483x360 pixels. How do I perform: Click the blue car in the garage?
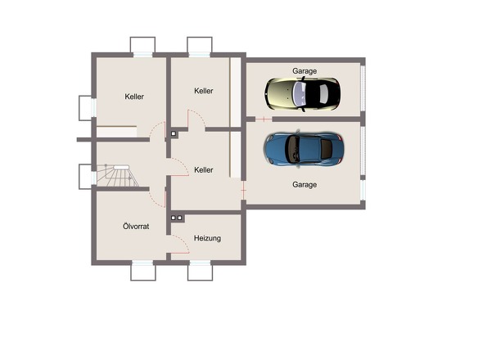pyautogui.click(x=304, y=149)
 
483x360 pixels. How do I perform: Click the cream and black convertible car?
pyautogui.click(x=303, y=93)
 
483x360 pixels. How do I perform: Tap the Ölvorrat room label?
pyautogui.click(x=136, y=227)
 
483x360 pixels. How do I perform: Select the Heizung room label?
pyautogui.click(x=207, y=238)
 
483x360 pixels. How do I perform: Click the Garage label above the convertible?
pyautogui.click(x=305, y=71)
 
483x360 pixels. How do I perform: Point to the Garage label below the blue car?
pyautogui.click(x=305, y=185)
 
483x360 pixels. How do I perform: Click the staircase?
pyautogui.click(x=117, y=176)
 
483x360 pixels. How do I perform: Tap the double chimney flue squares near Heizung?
pyautogui.click(x=177, y=218)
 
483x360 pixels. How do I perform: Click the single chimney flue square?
pyautogui.click(x=174, y=133)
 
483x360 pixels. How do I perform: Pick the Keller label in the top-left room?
pyautogui.click(x=134, y=97)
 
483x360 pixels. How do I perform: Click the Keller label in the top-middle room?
pyautogui.click(x=204, y=91)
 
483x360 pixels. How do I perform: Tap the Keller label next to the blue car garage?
pyautogui.click(x=204, y=170)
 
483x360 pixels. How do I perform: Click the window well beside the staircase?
pyautogui.click(x=85, y=177)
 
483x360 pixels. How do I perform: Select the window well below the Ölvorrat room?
pyautogui.click(x=143, y=272)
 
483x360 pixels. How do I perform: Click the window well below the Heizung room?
pyautogui.click(x=201, y=272)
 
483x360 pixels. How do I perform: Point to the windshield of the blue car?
pyautogui.click(x=292, y=150)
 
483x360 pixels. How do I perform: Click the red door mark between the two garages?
pyautogui.click(x=264, y=119)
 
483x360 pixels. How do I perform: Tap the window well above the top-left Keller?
pyautogui.click(x=142, y=45)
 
